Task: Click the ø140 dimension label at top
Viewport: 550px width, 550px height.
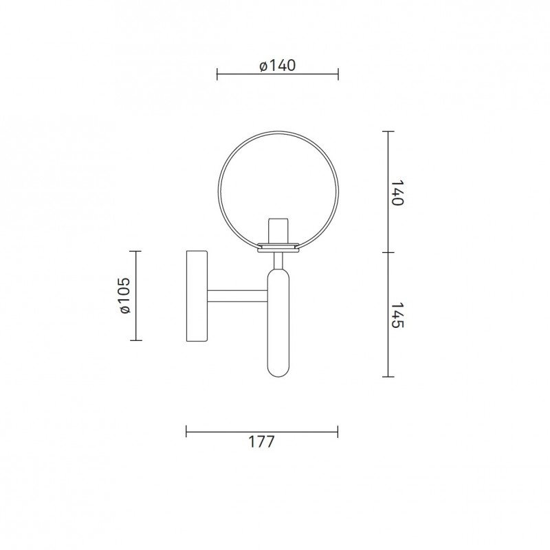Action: [x=278, y=66]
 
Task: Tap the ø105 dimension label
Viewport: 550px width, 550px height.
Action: [x=124, y=296]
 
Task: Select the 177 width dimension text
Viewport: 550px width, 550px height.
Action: [x=262, y=442]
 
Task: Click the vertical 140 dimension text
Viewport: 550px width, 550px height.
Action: [x=396, y=193]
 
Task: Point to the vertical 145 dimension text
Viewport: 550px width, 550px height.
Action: [x=396, y=314]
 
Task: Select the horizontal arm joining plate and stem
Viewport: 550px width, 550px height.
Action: [x=237, y=296]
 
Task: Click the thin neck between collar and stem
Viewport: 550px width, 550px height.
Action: [x=278, y=261]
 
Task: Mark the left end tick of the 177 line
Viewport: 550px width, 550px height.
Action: [x=186, y=432]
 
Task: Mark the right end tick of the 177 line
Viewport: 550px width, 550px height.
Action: [x=338, y=432]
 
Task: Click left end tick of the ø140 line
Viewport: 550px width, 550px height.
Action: [x=217, y=73]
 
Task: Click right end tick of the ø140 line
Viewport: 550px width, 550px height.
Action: [x=338, y=73]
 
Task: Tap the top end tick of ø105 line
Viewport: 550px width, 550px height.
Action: [x=137, y=252]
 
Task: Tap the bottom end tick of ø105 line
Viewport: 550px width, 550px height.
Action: [x=137, y=341]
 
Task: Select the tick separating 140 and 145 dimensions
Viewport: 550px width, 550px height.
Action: [x=388, y=252]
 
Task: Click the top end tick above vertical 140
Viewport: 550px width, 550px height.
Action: [x=388, y=131]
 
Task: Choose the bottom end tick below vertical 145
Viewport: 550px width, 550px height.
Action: [x=388, y=377]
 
